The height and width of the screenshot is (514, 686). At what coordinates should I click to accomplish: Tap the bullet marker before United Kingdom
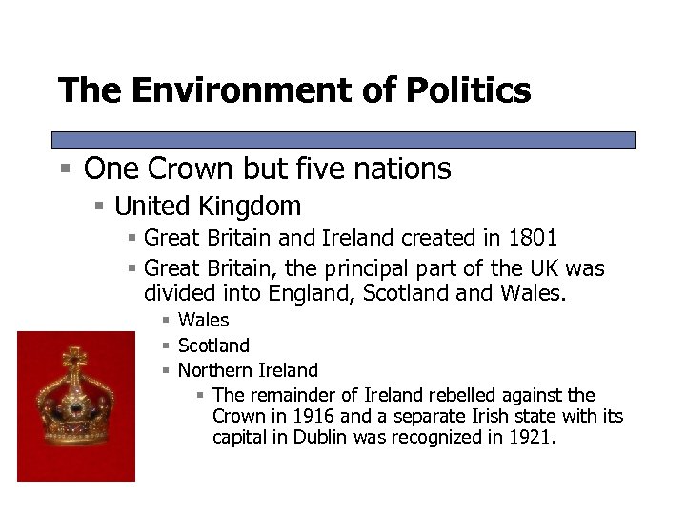point(99,206)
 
